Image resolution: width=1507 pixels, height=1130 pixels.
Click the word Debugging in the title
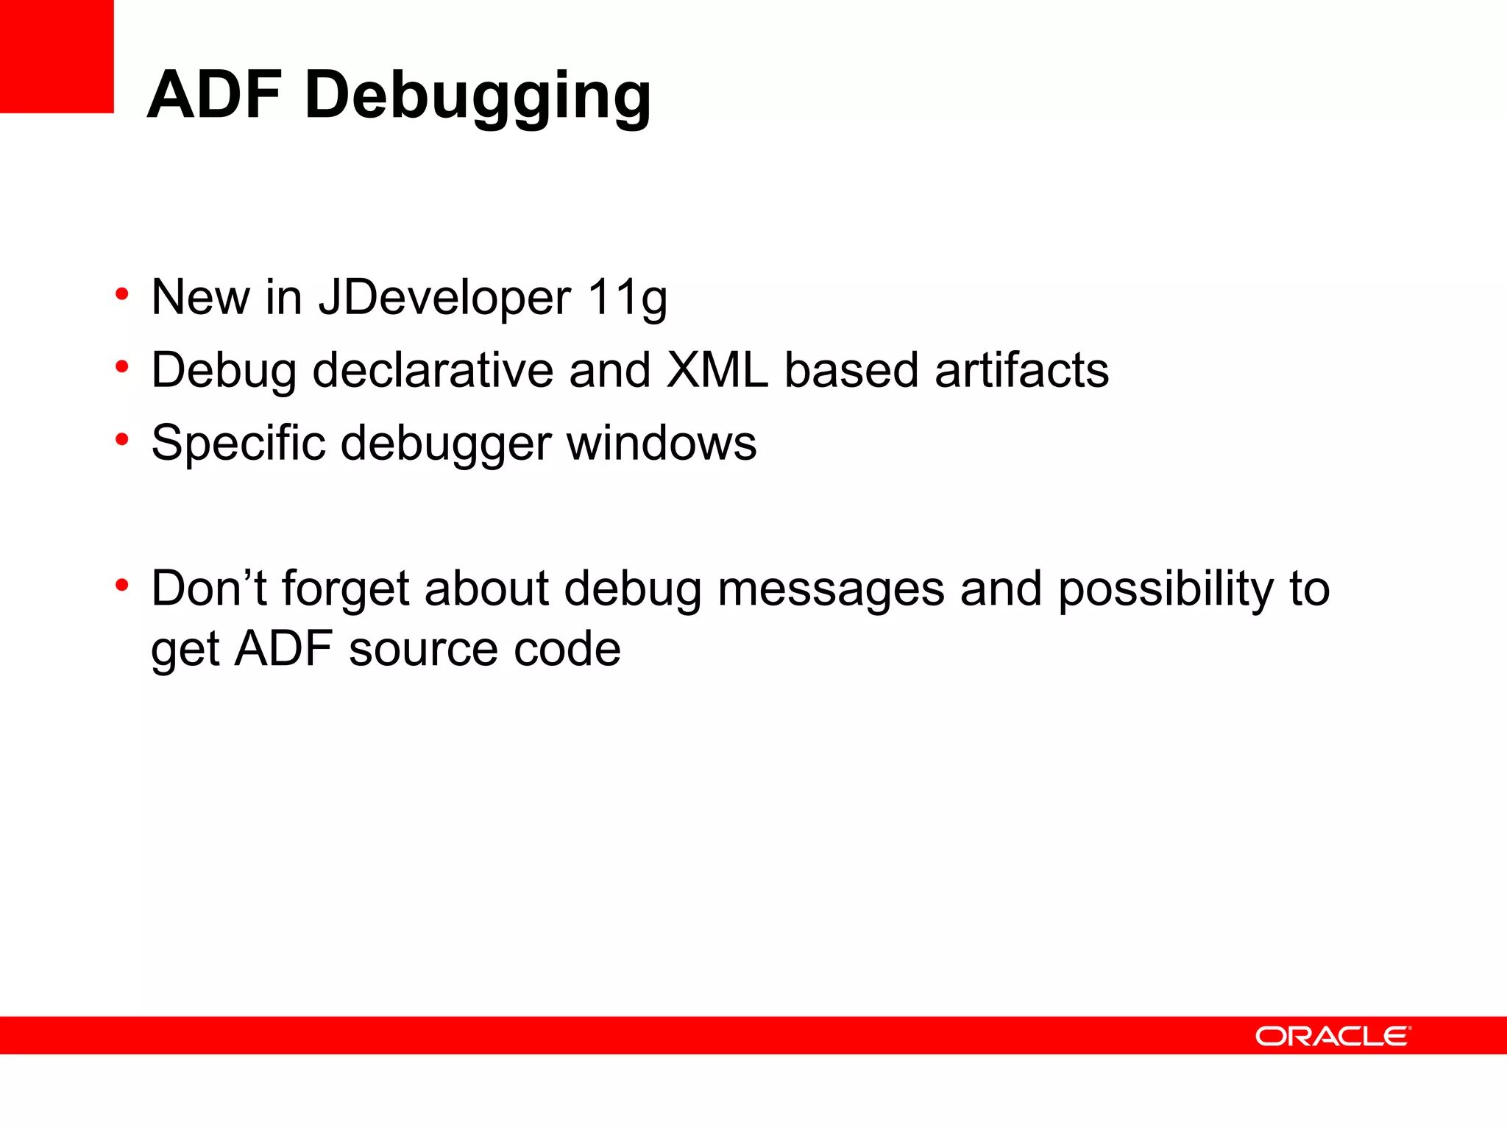[478, 97]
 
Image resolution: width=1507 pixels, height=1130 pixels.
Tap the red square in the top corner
[57, 56]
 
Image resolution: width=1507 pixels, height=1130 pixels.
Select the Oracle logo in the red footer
[1333, 1036]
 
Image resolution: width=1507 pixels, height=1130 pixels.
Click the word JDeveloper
[444, 298]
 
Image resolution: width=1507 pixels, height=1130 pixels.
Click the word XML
[717, 369]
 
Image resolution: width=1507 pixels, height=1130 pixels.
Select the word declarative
[433, 369]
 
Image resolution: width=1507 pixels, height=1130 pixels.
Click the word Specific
[238, 444]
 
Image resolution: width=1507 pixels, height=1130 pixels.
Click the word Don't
[208, 589]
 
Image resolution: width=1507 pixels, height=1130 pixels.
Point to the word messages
[831, 589]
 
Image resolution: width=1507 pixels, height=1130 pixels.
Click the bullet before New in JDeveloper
[122, 295]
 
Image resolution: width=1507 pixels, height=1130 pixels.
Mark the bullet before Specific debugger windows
[122, 440]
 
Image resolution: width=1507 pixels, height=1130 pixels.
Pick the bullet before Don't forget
[122, 586]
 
